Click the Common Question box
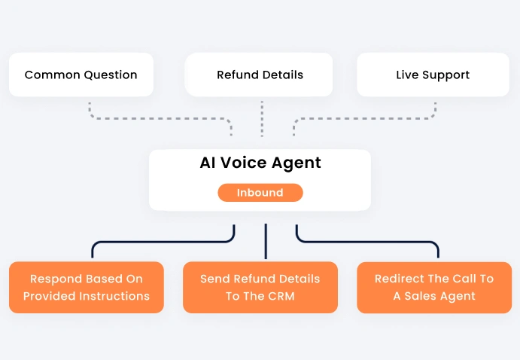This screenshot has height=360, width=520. [81, 75]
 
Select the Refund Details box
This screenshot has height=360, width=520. [260, 75]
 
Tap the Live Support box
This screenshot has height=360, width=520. [433, 75]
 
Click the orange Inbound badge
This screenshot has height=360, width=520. [260, 193]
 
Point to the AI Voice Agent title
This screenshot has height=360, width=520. [260, 163]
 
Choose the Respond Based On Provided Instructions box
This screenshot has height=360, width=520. [87, 287]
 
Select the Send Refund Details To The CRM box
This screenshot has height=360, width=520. [260, 287]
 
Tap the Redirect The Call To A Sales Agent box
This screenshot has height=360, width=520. [434, 287]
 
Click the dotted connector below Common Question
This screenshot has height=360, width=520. [151, 117]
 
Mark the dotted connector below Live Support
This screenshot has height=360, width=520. [369, 117]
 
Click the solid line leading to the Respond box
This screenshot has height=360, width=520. [162, 242]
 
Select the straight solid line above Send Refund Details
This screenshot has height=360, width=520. [266, 241]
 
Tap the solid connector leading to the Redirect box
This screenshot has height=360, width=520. [369, 242]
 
